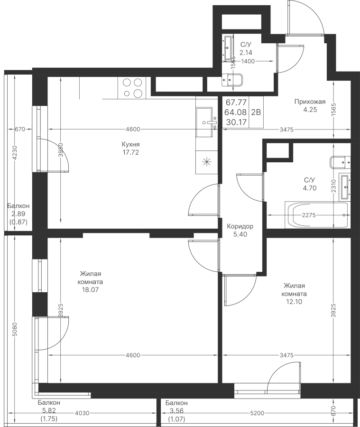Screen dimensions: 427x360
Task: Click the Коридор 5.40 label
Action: tap(240, 230)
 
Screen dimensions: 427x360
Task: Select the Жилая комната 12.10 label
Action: tap(294, 293)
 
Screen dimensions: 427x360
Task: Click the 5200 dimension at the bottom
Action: tap(258, 413)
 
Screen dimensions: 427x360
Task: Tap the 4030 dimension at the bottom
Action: tap(82, 413)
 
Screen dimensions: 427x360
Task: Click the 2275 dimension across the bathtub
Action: tap(309, 215)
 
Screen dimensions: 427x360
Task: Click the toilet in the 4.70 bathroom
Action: tap(340, 162)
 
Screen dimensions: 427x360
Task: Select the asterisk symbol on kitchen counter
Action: tap(206, 161)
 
